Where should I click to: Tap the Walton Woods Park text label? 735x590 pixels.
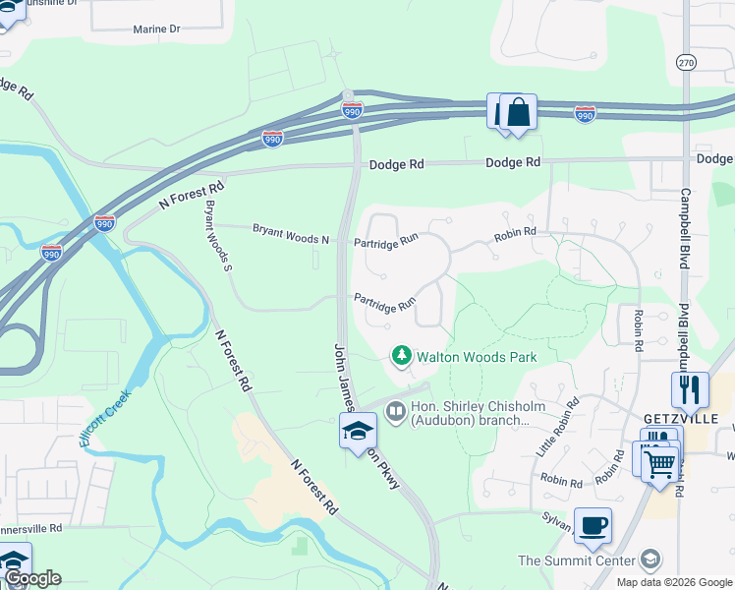[x=477, y=356]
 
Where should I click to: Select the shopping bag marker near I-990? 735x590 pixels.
[x=518, y=113]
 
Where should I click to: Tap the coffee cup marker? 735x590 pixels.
[x=592, y=525]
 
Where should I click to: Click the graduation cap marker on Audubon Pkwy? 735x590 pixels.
[x=358, y=430]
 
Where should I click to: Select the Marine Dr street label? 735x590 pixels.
[x=157, y=29]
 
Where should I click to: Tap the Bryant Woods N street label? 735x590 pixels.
[x=290, y=234]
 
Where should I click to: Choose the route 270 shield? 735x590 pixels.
[x=686, y=62]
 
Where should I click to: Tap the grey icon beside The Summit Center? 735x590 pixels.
[x=649, y=560]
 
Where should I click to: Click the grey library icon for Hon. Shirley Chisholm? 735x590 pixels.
[x=396, y=411]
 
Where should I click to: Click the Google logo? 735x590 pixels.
[x=32, y=578]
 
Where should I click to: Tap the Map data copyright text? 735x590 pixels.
[x=673, y=582]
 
